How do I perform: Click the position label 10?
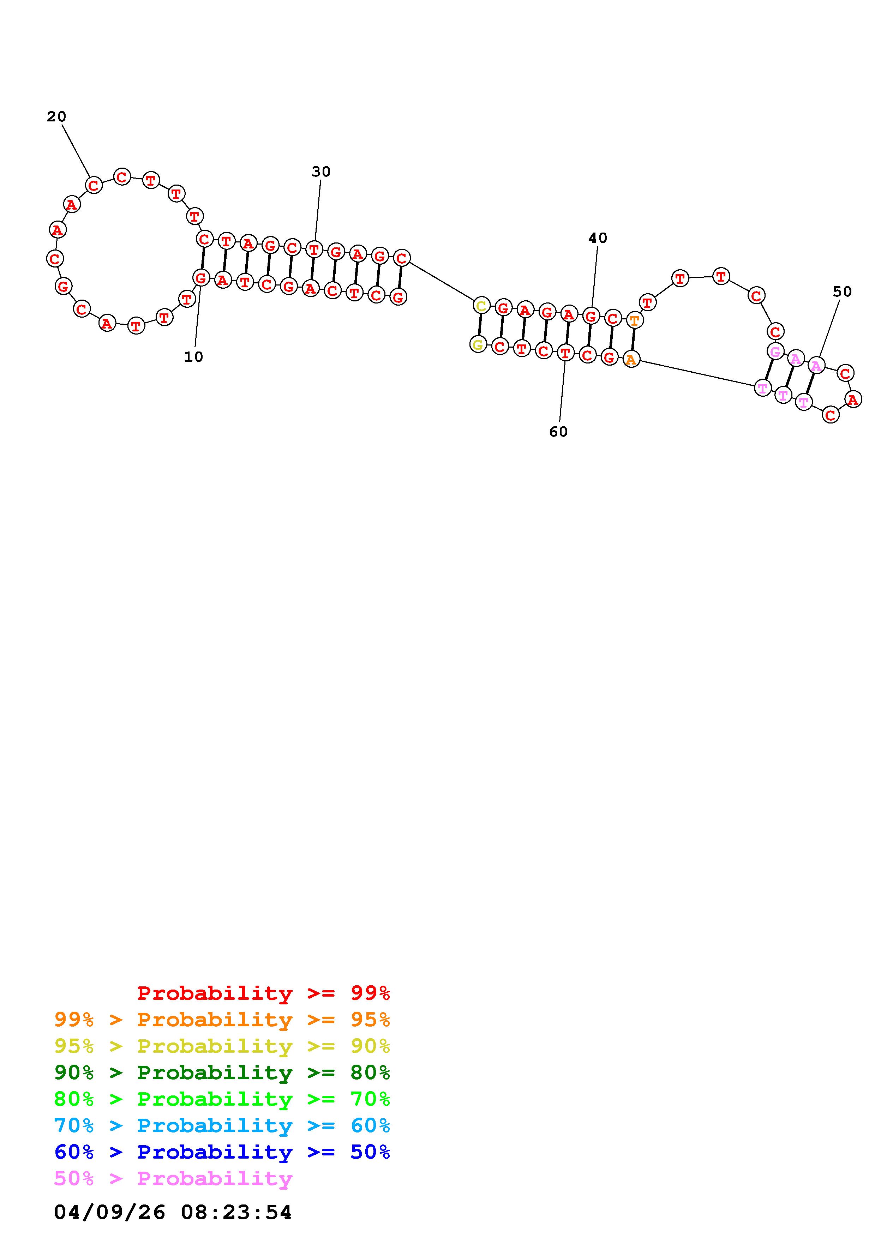coord(193,357)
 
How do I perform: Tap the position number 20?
coord(56,116)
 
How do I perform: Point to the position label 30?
coord(321,172)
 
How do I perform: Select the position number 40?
coord(597,238)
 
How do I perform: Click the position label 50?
coord(842,292)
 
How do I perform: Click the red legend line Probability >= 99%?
coord(264,993)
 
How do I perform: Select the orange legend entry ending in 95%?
coord(222,1020)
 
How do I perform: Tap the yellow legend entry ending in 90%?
coord(222,1046)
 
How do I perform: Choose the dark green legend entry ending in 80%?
coord(222,1072)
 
